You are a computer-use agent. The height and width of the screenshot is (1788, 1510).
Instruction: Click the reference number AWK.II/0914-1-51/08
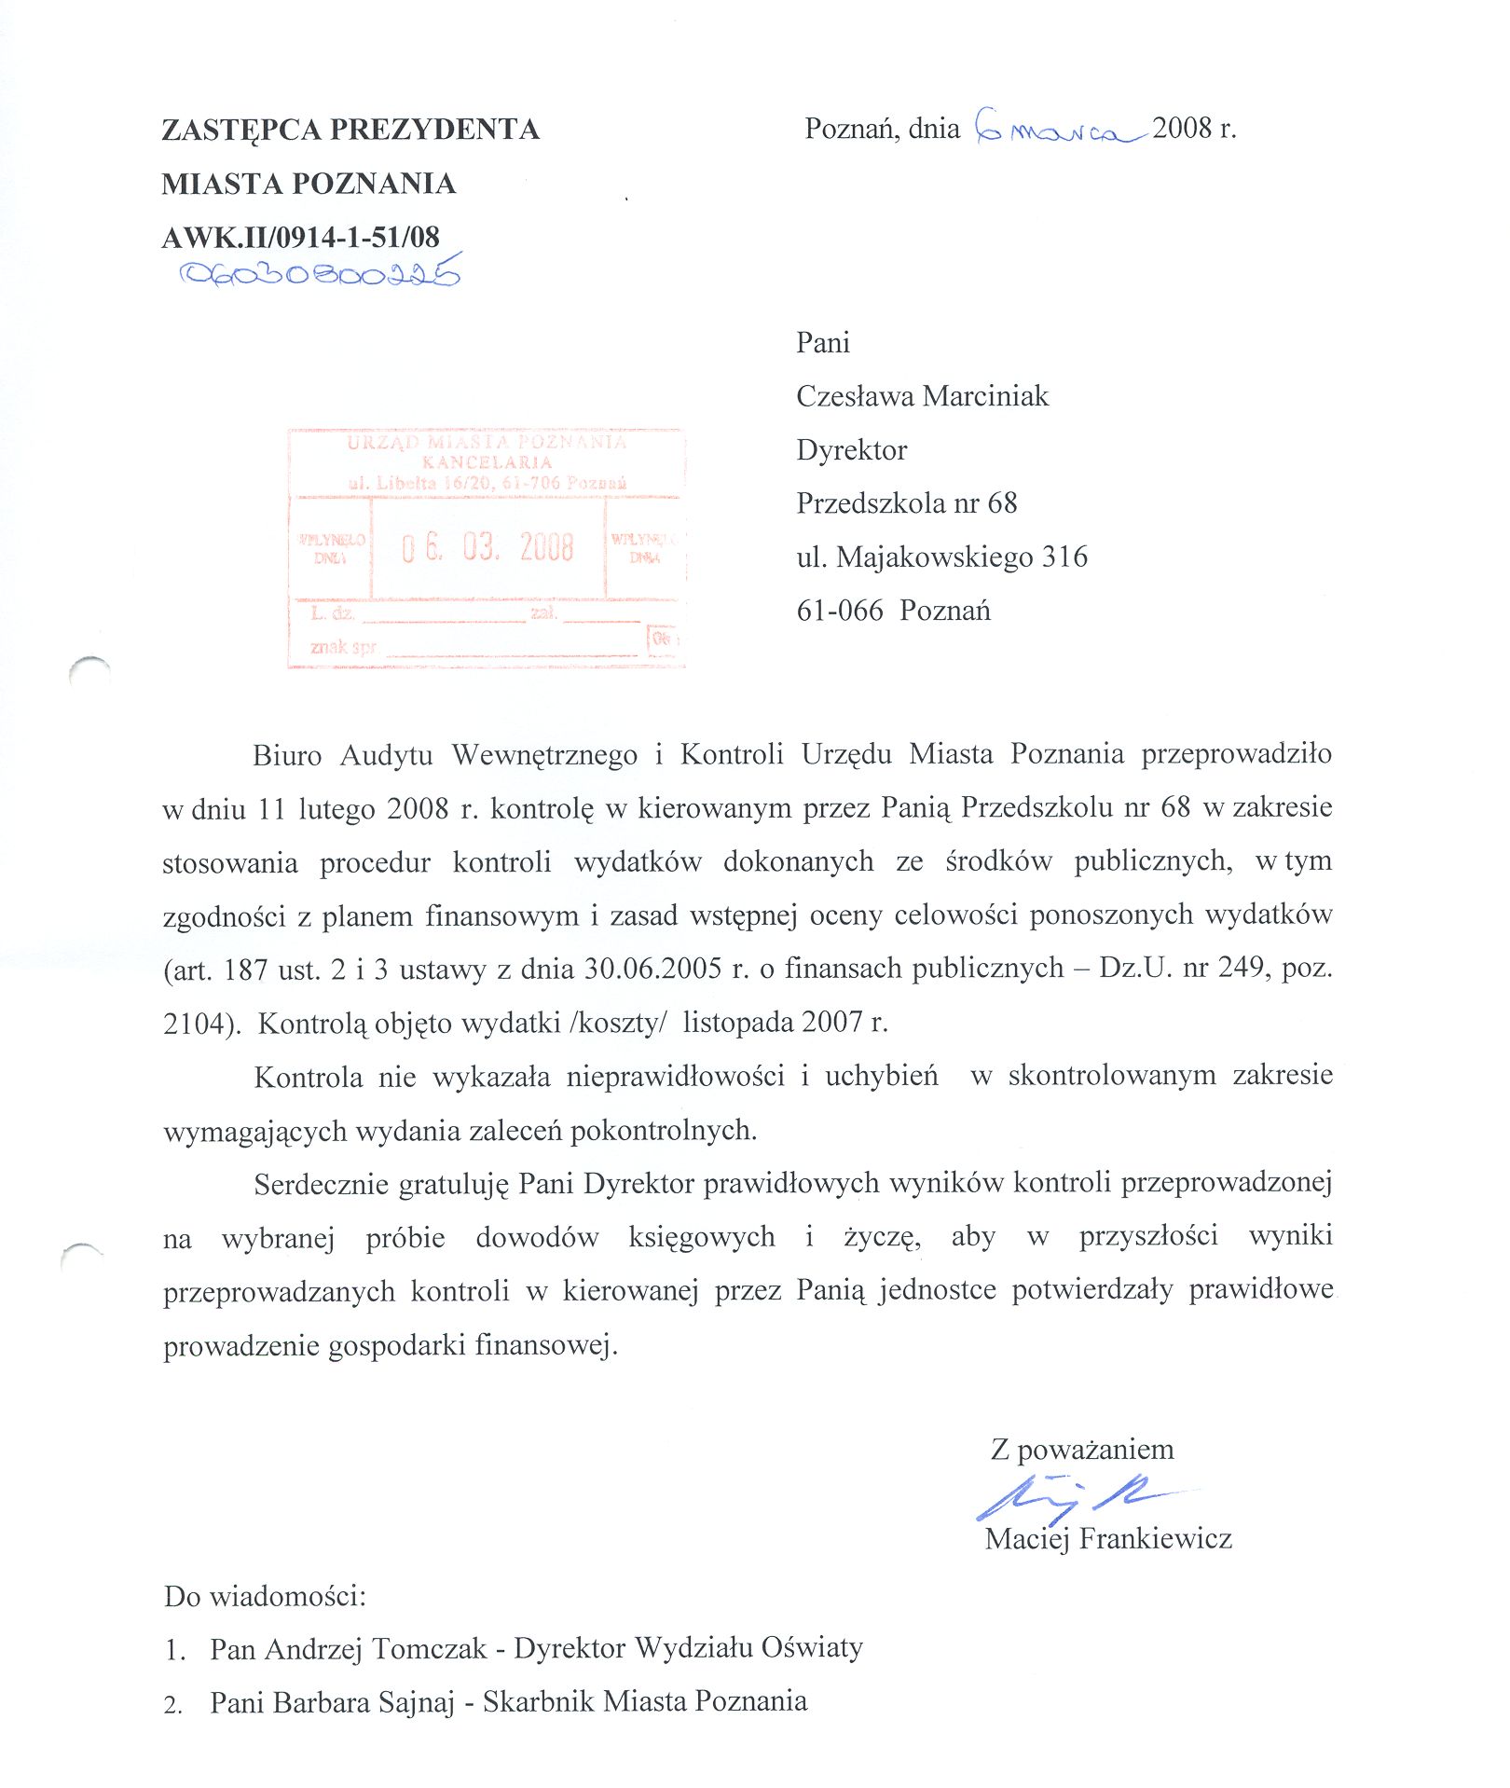(300, 238)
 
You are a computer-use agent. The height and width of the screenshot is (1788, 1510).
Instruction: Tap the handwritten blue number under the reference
(320, 272)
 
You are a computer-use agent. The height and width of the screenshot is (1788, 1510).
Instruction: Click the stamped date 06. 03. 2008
(487, 547)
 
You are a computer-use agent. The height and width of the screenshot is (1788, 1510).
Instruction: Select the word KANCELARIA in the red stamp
(487, 462)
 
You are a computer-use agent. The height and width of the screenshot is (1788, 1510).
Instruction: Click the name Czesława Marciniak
(922, 396)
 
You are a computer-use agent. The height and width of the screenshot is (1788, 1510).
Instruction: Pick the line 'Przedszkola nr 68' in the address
(906, 503)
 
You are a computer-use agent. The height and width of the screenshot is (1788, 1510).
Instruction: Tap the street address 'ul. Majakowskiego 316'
(941, 557)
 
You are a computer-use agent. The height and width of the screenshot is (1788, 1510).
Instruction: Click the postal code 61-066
(839, 612)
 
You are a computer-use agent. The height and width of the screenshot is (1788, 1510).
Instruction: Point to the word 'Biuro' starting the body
(286, 755)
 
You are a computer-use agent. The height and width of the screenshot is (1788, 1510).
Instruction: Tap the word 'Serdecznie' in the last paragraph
(321, 1185)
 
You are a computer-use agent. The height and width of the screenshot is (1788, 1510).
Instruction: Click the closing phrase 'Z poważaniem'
(1081, 1450)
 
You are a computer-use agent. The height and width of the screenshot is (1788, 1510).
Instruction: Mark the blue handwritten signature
(1072, 1496)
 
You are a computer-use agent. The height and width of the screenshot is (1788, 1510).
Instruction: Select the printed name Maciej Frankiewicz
(1108, 1539)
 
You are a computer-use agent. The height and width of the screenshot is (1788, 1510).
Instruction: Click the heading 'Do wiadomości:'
(265, 1597)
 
